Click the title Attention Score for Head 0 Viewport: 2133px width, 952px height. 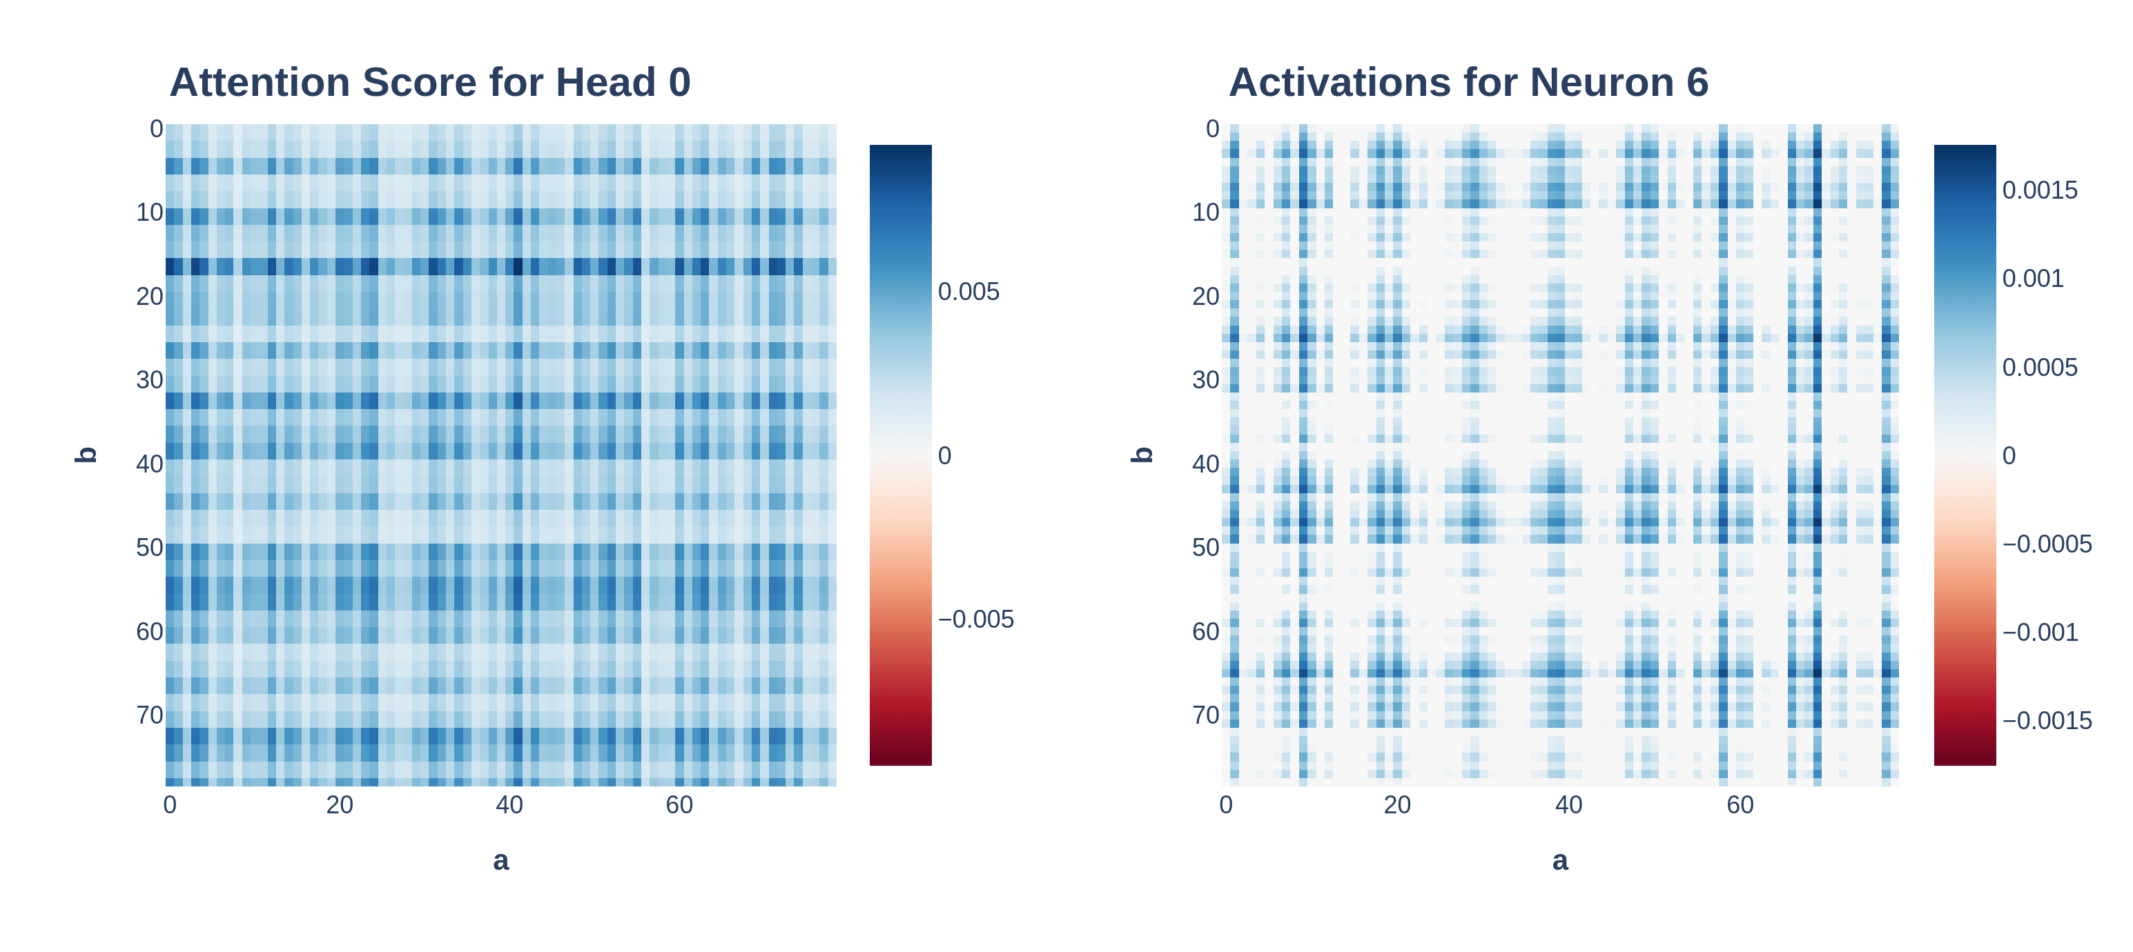tap(430, 83)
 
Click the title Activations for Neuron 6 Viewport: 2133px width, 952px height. tap(1468, 83)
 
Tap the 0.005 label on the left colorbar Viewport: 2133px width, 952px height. tap(968, 292)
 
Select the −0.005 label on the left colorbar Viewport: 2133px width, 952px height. tap(975, 619)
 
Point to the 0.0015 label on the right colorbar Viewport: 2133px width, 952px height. tap(2039, 190)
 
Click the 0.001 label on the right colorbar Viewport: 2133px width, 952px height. tap(2032, 279)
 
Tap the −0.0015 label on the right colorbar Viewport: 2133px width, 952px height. tap(2046, 721)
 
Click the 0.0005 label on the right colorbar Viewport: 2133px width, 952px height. tap(2039, 368)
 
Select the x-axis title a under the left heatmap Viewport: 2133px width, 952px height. tap(501, 861)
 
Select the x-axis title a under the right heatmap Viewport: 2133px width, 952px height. tap(1560, 861)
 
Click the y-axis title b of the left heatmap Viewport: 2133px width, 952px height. tap(86, 455)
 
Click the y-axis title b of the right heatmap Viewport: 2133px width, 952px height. tap(1142, 455)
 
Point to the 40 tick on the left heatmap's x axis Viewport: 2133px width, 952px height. tap(509, 804)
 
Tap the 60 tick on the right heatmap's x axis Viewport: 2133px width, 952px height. tap(1740, 804)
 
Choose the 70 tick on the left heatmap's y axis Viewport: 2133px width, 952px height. tap(150, 715)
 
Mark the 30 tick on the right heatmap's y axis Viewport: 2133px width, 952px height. tap(1206, 380)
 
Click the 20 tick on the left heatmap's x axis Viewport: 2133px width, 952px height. tap(340, 804)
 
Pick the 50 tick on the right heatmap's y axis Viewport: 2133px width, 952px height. tap(1206, 547)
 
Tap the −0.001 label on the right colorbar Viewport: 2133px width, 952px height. tap(2039, 633)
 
